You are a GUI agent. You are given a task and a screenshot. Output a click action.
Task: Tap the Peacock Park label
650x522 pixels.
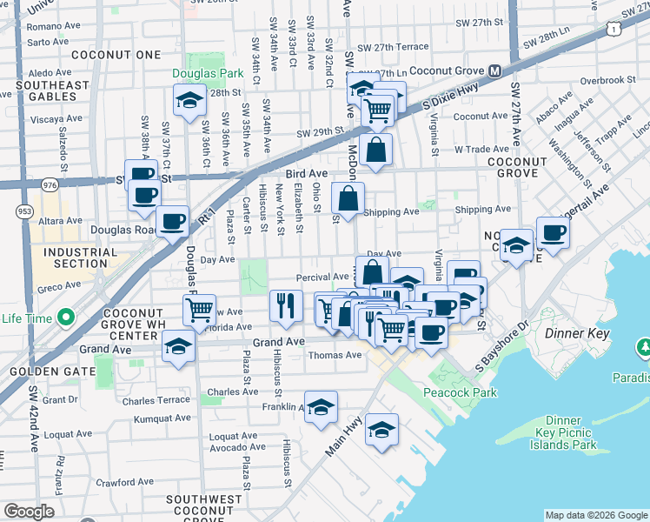coord(460,392)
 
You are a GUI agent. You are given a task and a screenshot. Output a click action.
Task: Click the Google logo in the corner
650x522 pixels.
coord(29,512)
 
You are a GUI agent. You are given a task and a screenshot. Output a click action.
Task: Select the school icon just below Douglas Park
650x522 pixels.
coord(189,100)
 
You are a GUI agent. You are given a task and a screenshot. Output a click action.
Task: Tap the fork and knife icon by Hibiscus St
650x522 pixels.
coord(286,305)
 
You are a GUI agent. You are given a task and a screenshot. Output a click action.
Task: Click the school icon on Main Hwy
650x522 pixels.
coord(381,430)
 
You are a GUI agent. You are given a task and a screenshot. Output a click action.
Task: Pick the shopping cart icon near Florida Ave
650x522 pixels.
coord(200,309)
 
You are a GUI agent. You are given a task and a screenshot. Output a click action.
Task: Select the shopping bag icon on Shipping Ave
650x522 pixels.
coord(348,198)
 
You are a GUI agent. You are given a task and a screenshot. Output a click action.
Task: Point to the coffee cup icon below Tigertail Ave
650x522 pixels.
coord(553,232)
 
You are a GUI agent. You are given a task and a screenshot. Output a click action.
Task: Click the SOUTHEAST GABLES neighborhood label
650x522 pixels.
coord(52,91)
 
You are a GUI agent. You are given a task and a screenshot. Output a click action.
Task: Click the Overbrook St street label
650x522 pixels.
coord(602,80)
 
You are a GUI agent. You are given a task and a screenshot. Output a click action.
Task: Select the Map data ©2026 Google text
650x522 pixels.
coord(595,514)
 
